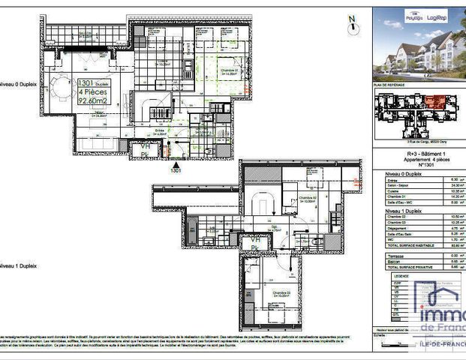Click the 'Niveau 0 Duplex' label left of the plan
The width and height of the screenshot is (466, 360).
pyautogui.click(x=18, y=85)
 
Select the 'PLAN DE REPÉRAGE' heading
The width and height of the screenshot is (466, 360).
pyautogui.click(x=391, y=86)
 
